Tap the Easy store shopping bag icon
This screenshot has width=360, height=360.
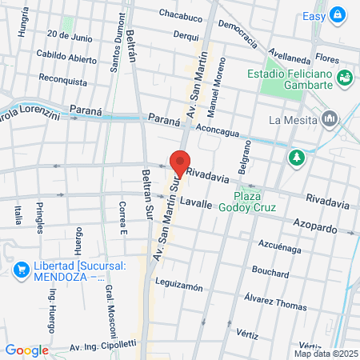coord(338,14)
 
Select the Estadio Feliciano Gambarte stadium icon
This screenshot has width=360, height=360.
coord(346,78)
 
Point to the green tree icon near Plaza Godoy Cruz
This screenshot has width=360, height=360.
coord(297,158)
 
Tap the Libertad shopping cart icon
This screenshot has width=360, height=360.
coord(20,269)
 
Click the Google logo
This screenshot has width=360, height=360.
coord(26,350)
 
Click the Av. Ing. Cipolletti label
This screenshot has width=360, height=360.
coord(102,346)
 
